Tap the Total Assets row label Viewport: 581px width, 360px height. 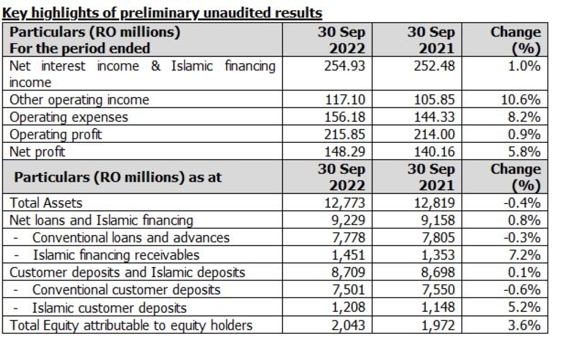click(46, 203)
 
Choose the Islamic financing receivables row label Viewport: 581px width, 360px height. click(116, 255)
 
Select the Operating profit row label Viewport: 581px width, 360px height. click(56, 135)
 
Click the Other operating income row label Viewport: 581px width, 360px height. click(80, 100)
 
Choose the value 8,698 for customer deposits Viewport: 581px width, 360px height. click(440, 272)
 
